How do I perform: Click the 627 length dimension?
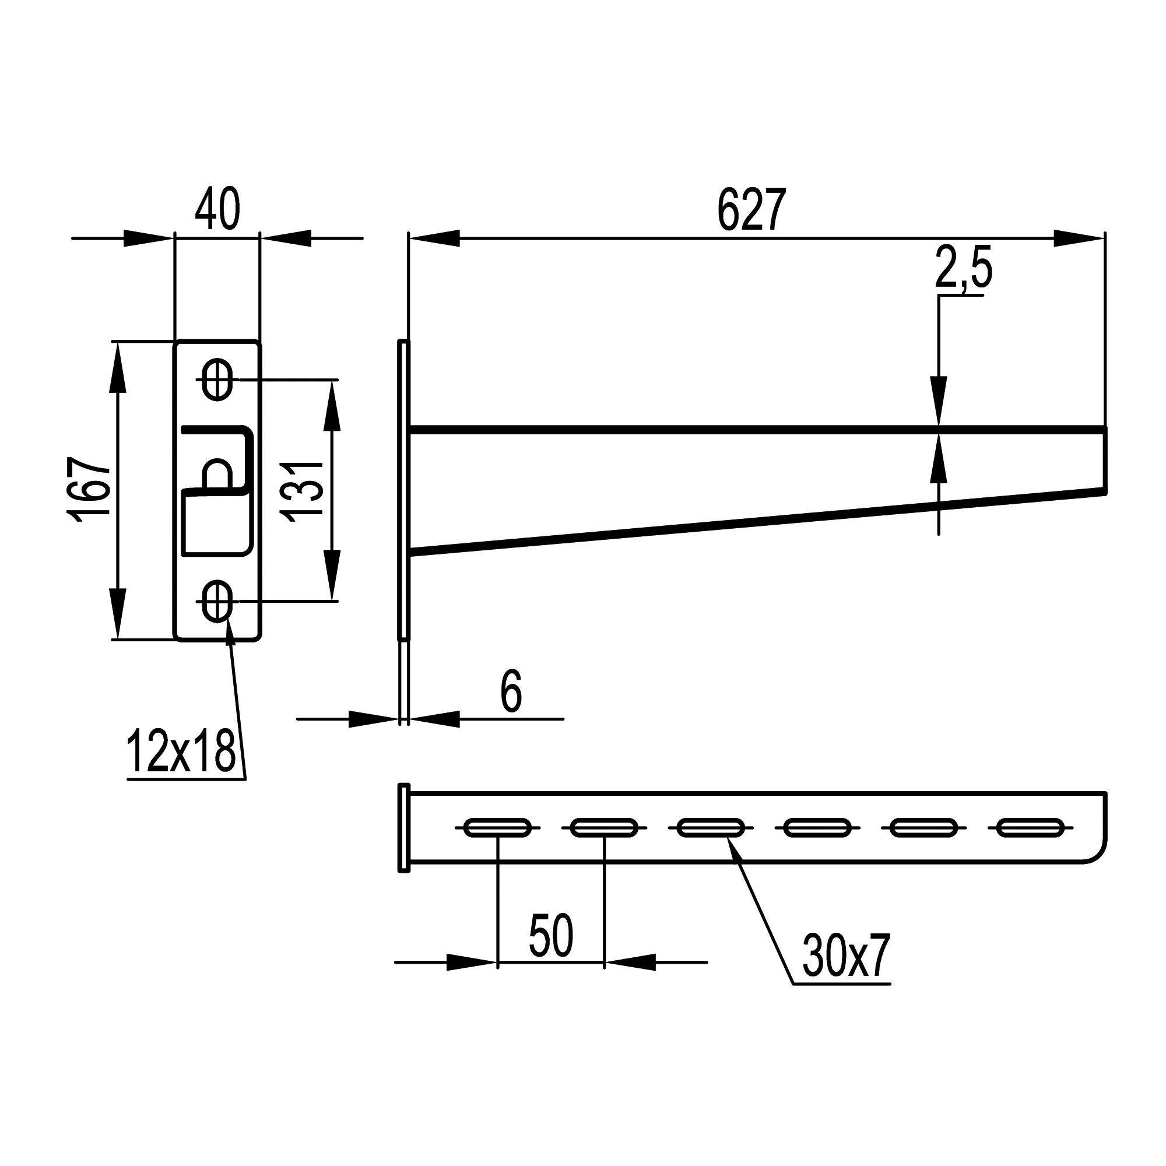751,210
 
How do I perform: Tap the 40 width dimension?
217,209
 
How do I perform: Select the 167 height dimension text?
89,489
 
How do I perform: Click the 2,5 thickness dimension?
963,270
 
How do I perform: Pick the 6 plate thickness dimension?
511,691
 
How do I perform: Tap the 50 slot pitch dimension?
550,935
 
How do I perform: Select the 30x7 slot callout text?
846,957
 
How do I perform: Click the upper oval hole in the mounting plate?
217,380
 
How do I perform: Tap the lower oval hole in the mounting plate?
217,601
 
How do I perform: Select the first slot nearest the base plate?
497,827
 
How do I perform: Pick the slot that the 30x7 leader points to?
711,827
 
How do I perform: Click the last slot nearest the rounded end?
1030,827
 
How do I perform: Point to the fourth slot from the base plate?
817,827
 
